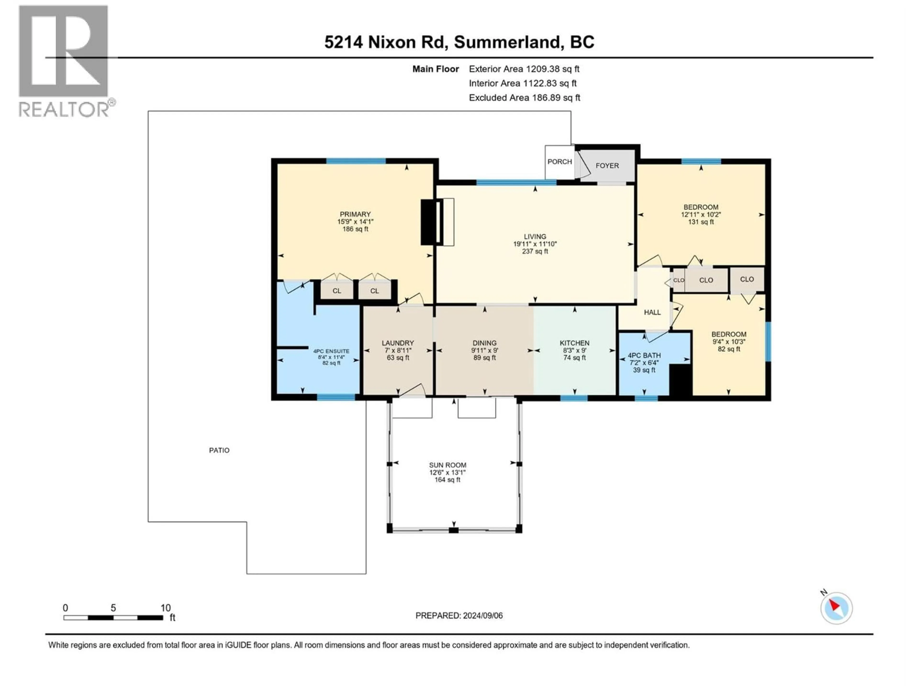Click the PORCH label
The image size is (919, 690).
point(559,161)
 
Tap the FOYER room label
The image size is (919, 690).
point(607,166)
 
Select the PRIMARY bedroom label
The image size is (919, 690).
point(355,214)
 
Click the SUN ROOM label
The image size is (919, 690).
point(448,465)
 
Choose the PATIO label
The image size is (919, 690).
point(219,450)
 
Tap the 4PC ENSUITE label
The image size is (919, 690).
point(331,351)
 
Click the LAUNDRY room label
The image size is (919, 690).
point(398,343)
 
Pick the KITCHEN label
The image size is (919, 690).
point(574,343)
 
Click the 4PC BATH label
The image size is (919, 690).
point(644,356)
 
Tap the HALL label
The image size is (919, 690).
point(652,312)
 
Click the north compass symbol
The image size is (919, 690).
point(836,608)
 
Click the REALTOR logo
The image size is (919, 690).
point(64,62)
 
